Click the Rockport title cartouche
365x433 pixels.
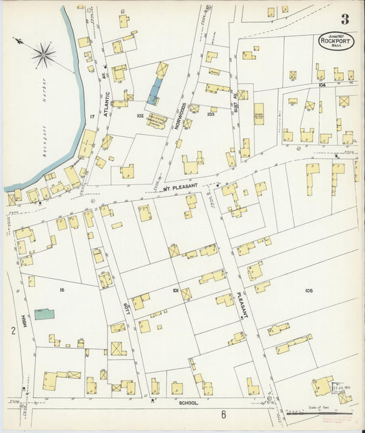(336, 41)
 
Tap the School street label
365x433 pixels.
(188, 403)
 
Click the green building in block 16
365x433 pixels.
(45, 314)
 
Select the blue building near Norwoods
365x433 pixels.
(155, 90)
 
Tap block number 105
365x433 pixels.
(309, 290)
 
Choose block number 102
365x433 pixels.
(140, 116)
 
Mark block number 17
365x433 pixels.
(92, 116)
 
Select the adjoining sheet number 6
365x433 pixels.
(223, 414)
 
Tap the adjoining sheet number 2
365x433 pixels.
(12, 331)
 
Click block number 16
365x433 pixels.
(62, 290)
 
